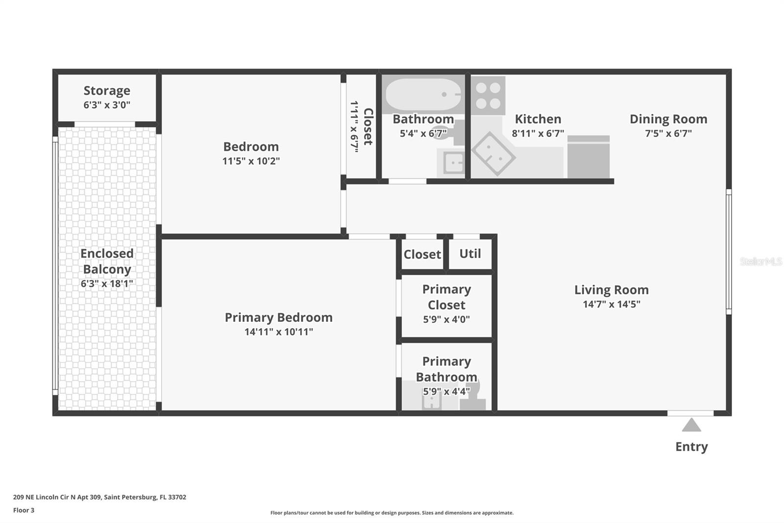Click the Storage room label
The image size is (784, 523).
coord(107,91)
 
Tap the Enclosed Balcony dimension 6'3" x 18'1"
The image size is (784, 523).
coord(107,284)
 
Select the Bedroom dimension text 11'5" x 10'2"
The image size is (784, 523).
coord(251,161)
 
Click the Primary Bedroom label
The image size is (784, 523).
coord(278,317)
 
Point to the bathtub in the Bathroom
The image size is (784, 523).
coord(422,94)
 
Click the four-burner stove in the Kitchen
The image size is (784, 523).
coord(489,96)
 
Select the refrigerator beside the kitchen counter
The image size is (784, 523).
coord(588,157)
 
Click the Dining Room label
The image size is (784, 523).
coord(668,119)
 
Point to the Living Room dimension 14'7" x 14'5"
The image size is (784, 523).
coord(611,304)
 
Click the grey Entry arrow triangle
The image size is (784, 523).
coord(691,425)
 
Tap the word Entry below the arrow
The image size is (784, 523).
coord(691,446)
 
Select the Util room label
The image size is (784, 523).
coord(470,254)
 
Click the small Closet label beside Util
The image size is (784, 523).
coord(422,254)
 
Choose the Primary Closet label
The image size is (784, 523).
coord(446,297)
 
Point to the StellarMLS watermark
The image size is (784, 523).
coord(760,261)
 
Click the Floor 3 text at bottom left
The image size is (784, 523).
coord(24,510)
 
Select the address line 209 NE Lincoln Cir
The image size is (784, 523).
coord(99,497)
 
